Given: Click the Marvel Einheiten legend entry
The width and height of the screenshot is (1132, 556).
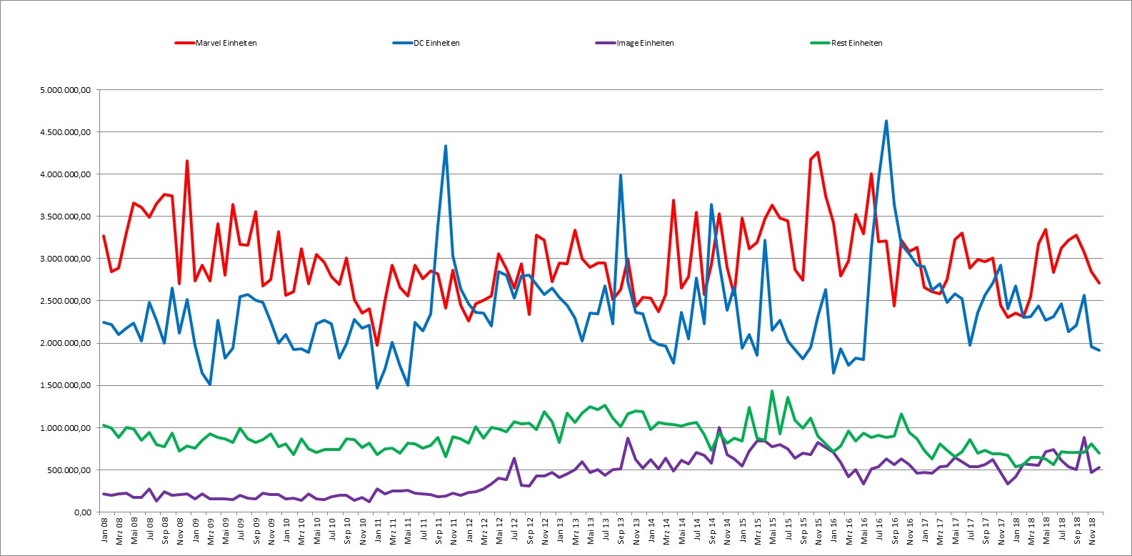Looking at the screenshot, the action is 216,43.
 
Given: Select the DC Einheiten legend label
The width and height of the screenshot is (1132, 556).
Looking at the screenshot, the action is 426,43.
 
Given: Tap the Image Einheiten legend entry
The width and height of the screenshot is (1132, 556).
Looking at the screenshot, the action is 635,43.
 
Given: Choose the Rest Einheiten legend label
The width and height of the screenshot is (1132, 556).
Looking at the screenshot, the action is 846,43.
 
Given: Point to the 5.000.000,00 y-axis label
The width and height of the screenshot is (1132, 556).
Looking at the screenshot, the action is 65,90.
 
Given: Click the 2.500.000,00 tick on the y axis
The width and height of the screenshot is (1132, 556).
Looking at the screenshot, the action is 65,302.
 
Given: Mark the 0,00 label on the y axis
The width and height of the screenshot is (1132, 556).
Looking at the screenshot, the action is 82,512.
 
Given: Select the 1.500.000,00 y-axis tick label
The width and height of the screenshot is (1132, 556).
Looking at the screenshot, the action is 65,386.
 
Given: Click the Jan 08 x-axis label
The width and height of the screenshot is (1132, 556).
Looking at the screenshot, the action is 104,530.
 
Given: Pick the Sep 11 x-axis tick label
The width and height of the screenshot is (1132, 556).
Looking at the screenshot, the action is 439,530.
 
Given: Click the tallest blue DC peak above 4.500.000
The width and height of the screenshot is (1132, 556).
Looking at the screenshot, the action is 886,121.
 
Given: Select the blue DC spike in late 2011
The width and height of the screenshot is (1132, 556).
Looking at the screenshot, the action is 445,146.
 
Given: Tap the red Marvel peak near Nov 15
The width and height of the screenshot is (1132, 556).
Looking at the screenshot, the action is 818,152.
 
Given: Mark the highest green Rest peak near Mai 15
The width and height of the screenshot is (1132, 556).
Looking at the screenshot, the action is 772,391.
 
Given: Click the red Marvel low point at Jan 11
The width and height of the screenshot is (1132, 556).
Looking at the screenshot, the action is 377,345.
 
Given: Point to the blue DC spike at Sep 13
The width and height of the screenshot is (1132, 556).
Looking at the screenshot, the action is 621,175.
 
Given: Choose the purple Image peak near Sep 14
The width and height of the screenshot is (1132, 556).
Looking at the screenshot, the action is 719,427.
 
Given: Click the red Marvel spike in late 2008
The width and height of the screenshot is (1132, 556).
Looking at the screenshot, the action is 187,162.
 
